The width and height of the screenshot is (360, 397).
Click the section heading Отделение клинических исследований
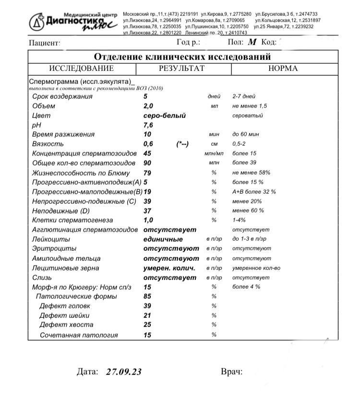[182, 57]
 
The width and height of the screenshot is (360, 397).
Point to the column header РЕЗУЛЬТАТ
[181, 69]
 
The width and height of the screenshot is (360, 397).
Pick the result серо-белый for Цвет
[164, 116]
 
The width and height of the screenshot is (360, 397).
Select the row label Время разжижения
[63, 135]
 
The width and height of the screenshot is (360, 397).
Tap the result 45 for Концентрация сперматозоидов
[147, 153]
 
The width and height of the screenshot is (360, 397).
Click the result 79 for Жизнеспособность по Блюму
[147, 173]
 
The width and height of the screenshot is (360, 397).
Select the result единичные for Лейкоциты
[163, 239]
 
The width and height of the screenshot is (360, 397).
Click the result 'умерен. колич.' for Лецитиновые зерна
[169, 268]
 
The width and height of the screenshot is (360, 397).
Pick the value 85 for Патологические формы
[147, 296]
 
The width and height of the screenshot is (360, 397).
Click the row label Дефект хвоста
[64, 325]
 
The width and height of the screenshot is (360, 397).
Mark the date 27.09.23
[124, 372]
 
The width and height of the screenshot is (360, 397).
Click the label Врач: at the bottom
[231, 372]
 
